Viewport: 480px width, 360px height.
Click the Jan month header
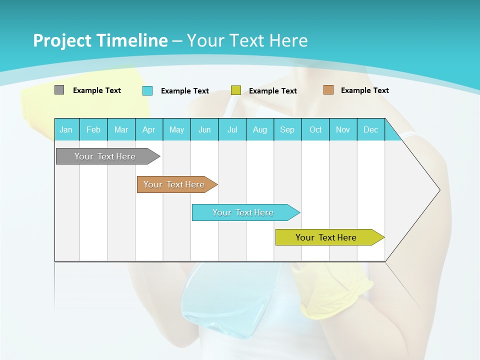click(x=66, y=129)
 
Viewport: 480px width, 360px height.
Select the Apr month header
click(x=148, y=129)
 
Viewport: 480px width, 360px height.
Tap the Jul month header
click(x=232, y=129)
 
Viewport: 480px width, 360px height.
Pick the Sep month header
click(x=287, y=129)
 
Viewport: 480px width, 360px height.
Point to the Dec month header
click(x=370, y=129)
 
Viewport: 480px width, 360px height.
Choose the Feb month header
click(x=93, y=129)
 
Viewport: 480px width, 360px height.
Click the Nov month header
click(x=343, y=129)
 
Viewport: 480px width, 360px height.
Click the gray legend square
click(x=59, y=90)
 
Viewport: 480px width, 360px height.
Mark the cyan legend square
click(x=147, y=90)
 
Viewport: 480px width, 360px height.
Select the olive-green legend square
click(x=236, y=90)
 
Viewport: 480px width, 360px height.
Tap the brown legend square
click(x=328, y=90)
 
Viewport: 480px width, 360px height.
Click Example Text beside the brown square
click(x=364, y=90)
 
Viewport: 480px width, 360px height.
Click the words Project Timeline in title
click(x=100, y=40)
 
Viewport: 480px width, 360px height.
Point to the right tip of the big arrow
click(x=439, y=190)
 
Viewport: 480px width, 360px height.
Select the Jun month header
click(x=204, y=129)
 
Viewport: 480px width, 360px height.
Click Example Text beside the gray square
click(x=96, y=90)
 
